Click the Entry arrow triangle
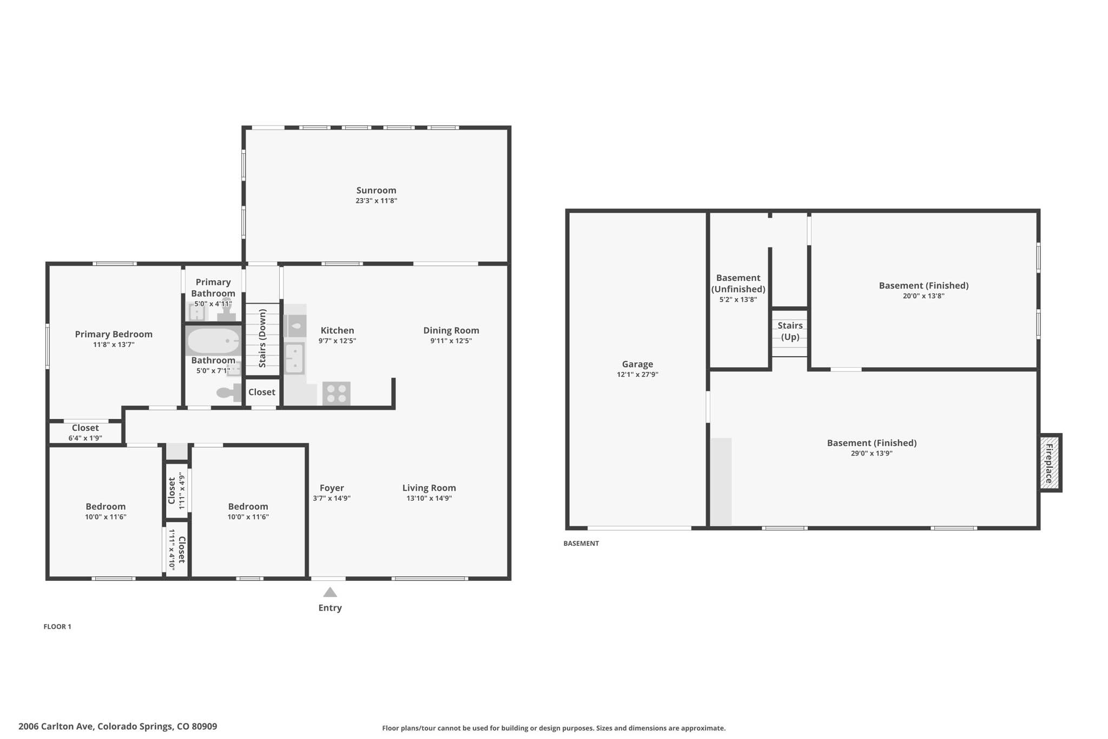(330, 592)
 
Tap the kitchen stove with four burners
(336, 393)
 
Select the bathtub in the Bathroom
(213, 341)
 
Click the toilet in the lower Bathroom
(228, 393)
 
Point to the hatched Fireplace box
(1049, 463)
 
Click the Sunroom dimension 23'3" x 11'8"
(376, 201)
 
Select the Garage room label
(637, 364)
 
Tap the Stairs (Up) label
(790, 331)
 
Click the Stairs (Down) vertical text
(262, 338)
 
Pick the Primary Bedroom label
(114, 334)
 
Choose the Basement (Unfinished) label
(738, 283)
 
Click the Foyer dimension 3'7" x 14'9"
(332, 499)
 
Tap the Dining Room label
(451, 330)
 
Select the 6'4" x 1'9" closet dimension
(85, 439)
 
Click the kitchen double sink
(295, 358)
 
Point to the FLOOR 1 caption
(57, 626)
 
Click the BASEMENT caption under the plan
(581, 544)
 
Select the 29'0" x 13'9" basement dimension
(871, 454)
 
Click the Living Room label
(429, 488)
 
